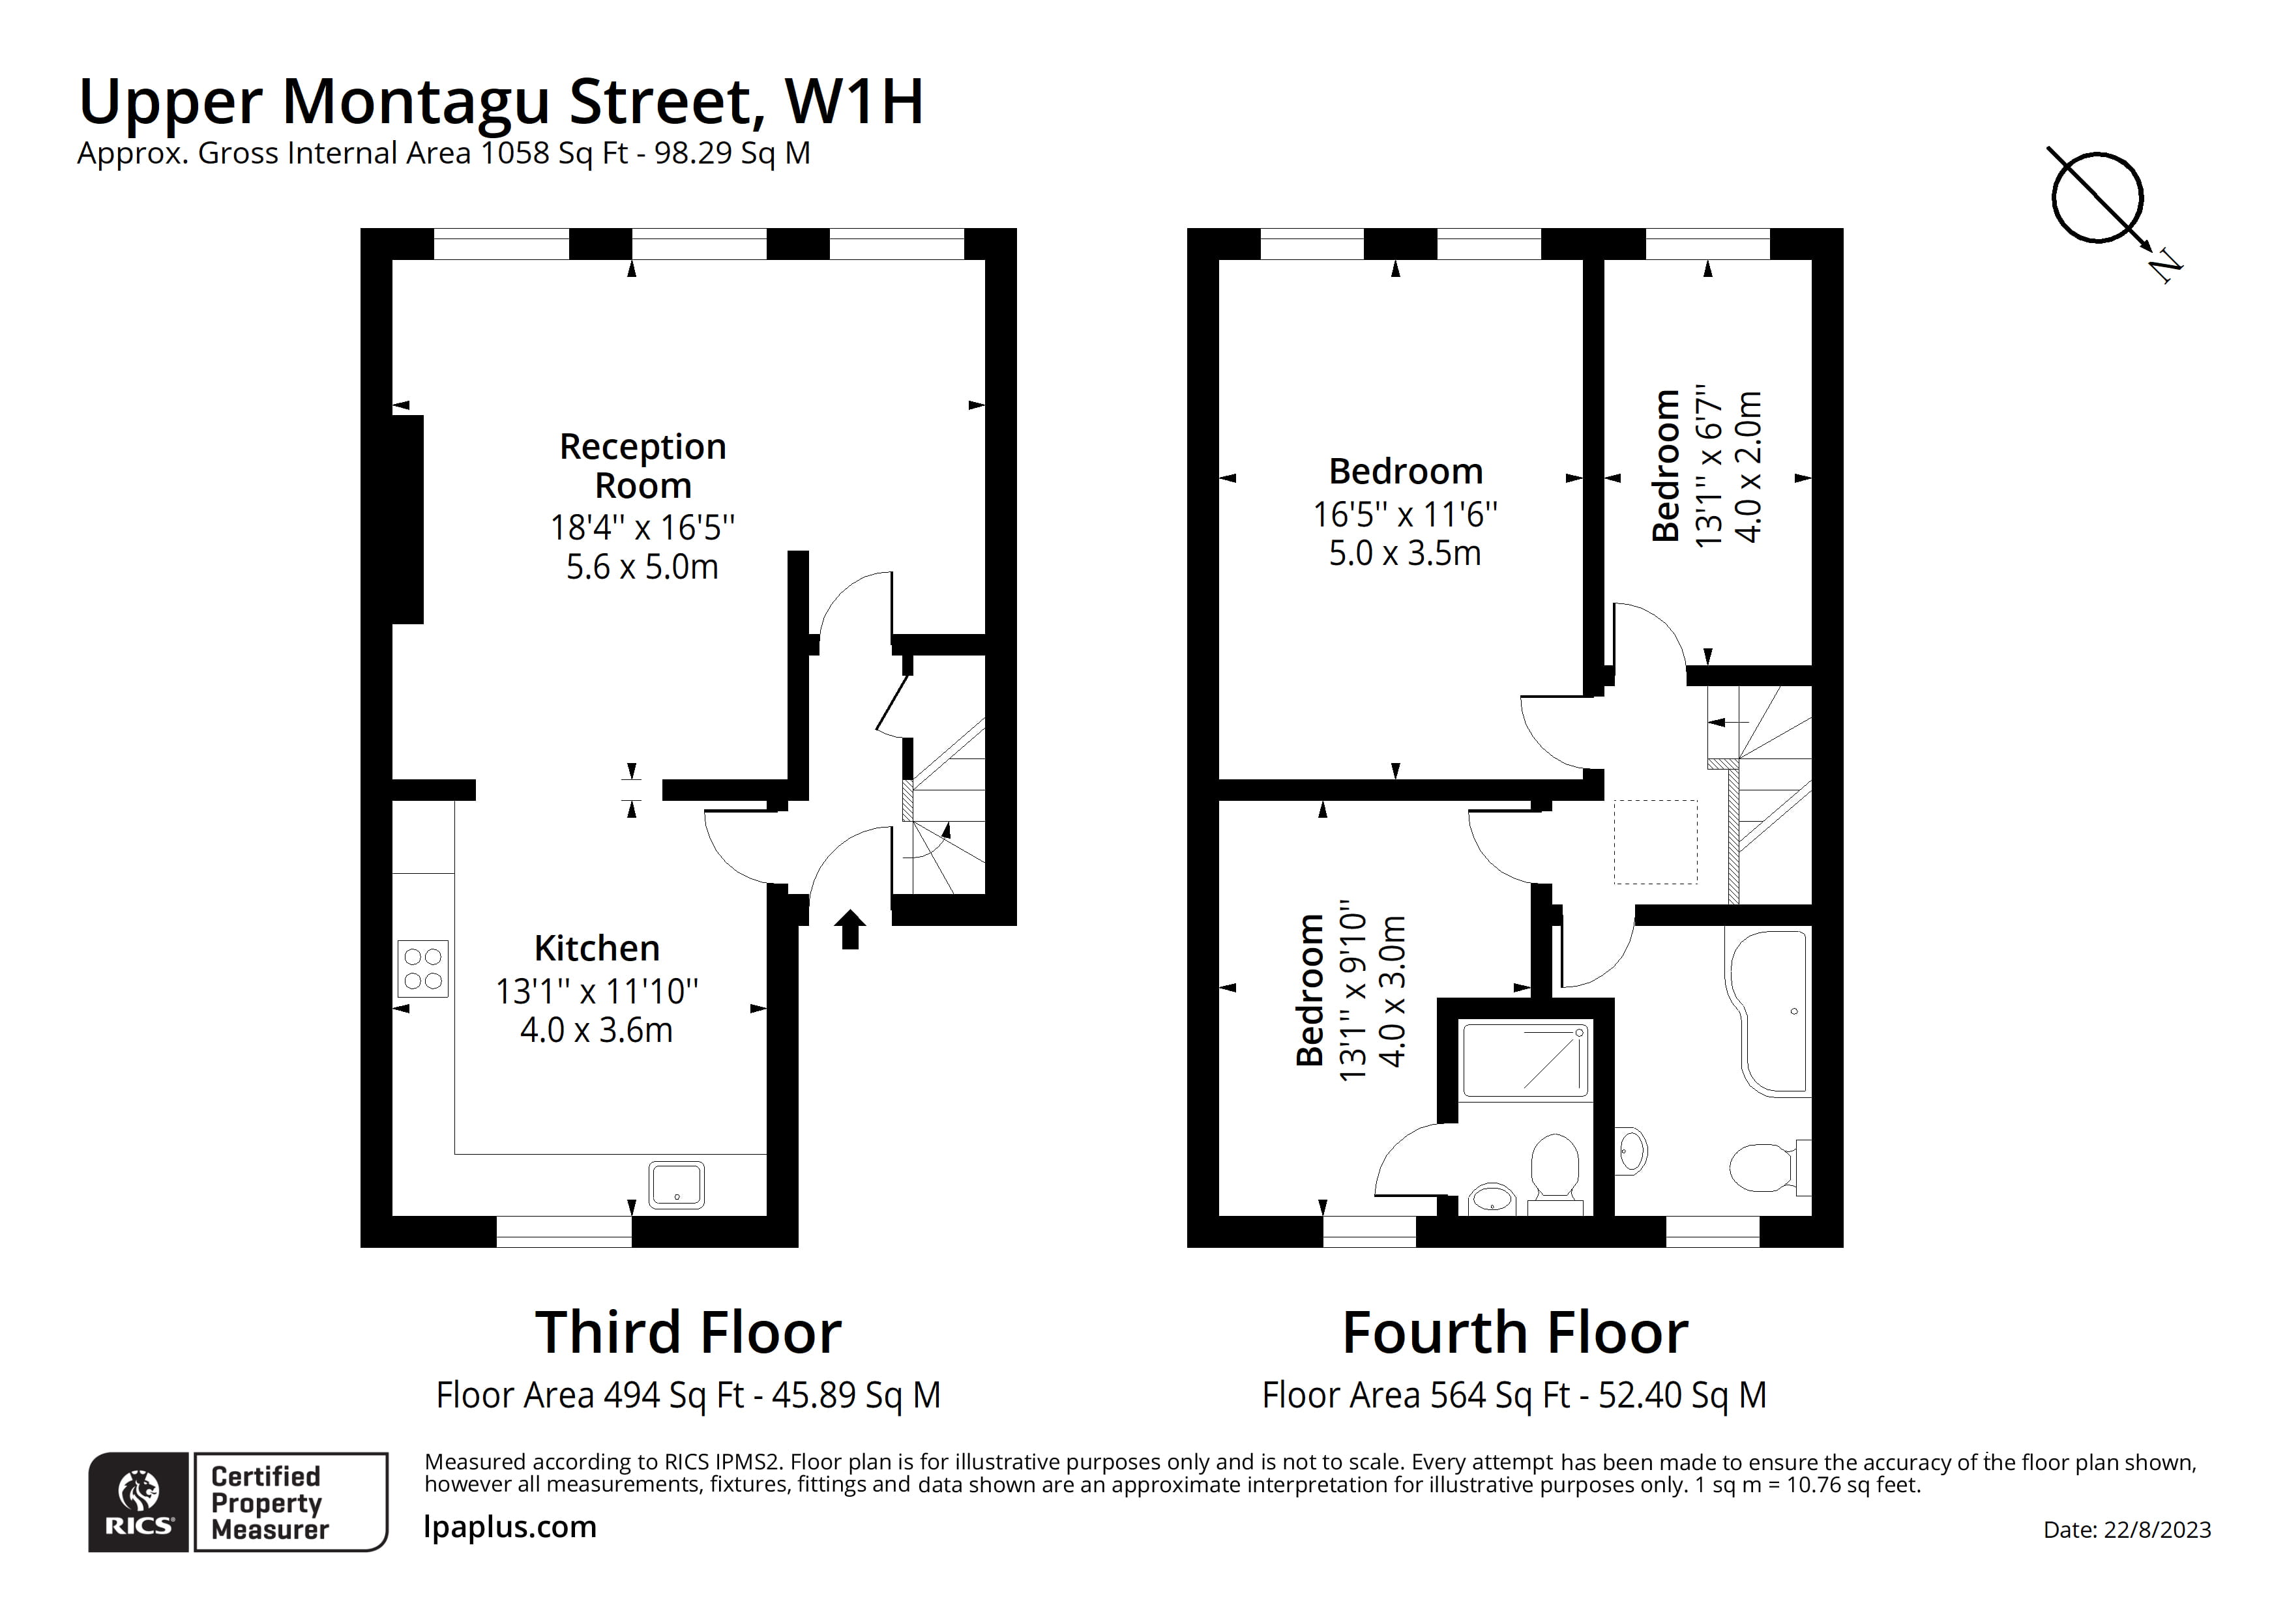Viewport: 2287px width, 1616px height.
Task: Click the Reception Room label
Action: pyautogui.click(x=642, y=466)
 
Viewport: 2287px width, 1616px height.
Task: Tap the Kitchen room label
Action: pyautogui.click(x=597, y=948)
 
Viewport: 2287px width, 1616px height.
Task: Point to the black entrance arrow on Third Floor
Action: pyautogui.click(x=849, y=929)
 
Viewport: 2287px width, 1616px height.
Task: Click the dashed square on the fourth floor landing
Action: pyautogui.click(x=1655, y=843)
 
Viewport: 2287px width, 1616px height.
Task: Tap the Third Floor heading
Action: pyautogui.click(x=688, y=1333)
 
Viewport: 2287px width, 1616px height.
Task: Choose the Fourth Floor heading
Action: pyautogui.click(x=1515, y=1333)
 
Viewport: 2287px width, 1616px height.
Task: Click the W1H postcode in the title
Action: pyautogui.click(x=853, y=102)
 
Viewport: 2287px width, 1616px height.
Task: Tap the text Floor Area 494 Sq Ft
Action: pyautogui.click(x=590, y=1395)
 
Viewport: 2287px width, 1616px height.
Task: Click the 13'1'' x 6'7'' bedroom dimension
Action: pyautogui.click(x=1707, y=466)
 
